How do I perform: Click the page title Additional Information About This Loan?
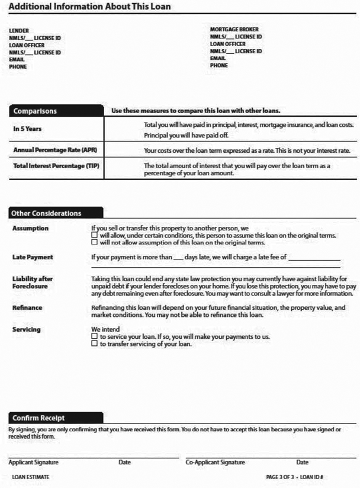point(90,7)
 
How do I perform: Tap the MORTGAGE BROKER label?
point(234,29)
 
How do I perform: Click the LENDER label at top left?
point(19,31)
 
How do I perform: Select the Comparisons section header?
point(36,110)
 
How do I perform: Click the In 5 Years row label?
point(28,129)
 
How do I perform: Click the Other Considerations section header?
point(47,213)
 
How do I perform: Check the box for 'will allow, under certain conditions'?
point(94,235)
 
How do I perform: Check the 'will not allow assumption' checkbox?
point(94,242)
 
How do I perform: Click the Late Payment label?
point(33,257)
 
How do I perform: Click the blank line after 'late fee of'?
point(314,259)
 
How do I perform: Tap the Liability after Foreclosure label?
point(33,282)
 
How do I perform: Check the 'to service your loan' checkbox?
point(94,336)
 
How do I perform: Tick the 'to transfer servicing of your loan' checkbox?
point(94,343)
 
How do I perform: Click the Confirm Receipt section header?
point(39,418)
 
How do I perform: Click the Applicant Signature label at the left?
point(33,462)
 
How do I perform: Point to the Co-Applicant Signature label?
point(215,462)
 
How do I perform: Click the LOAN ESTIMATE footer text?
point(31,477)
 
